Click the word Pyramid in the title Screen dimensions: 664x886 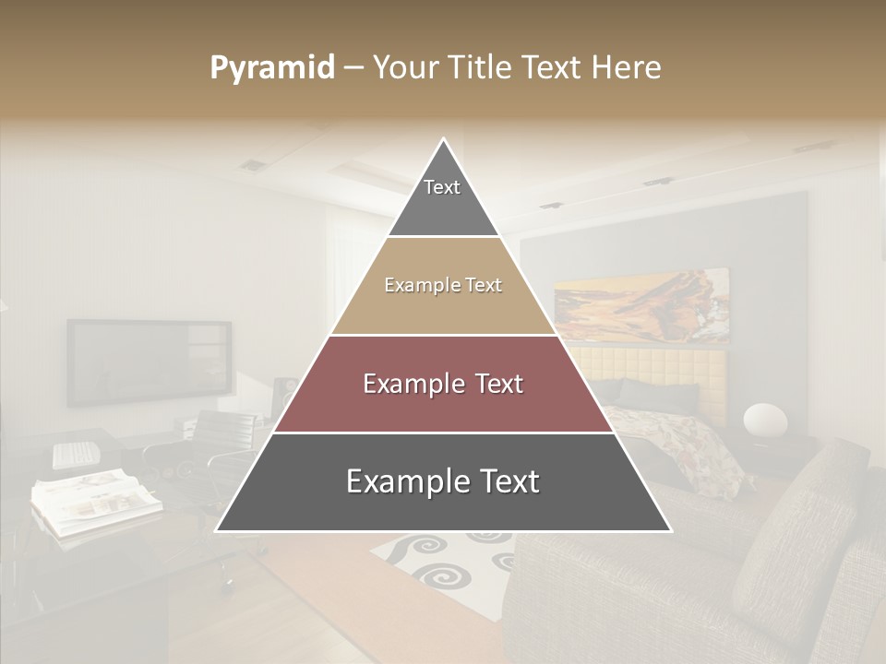[x=271, y=68]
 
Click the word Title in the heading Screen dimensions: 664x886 [x=480, y=68]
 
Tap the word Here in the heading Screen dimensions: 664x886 [x=627, y=68]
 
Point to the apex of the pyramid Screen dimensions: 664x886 [x=444, y=141]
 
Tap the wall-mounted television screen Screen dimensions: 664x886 [x=149, y=362]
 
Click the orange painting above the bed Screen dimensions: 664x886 [x=641, y=305]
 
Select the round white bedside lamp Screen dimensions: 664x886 [x=765, y=420]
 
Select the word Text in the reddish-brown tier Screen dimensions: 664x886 [x=499, y=384]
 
